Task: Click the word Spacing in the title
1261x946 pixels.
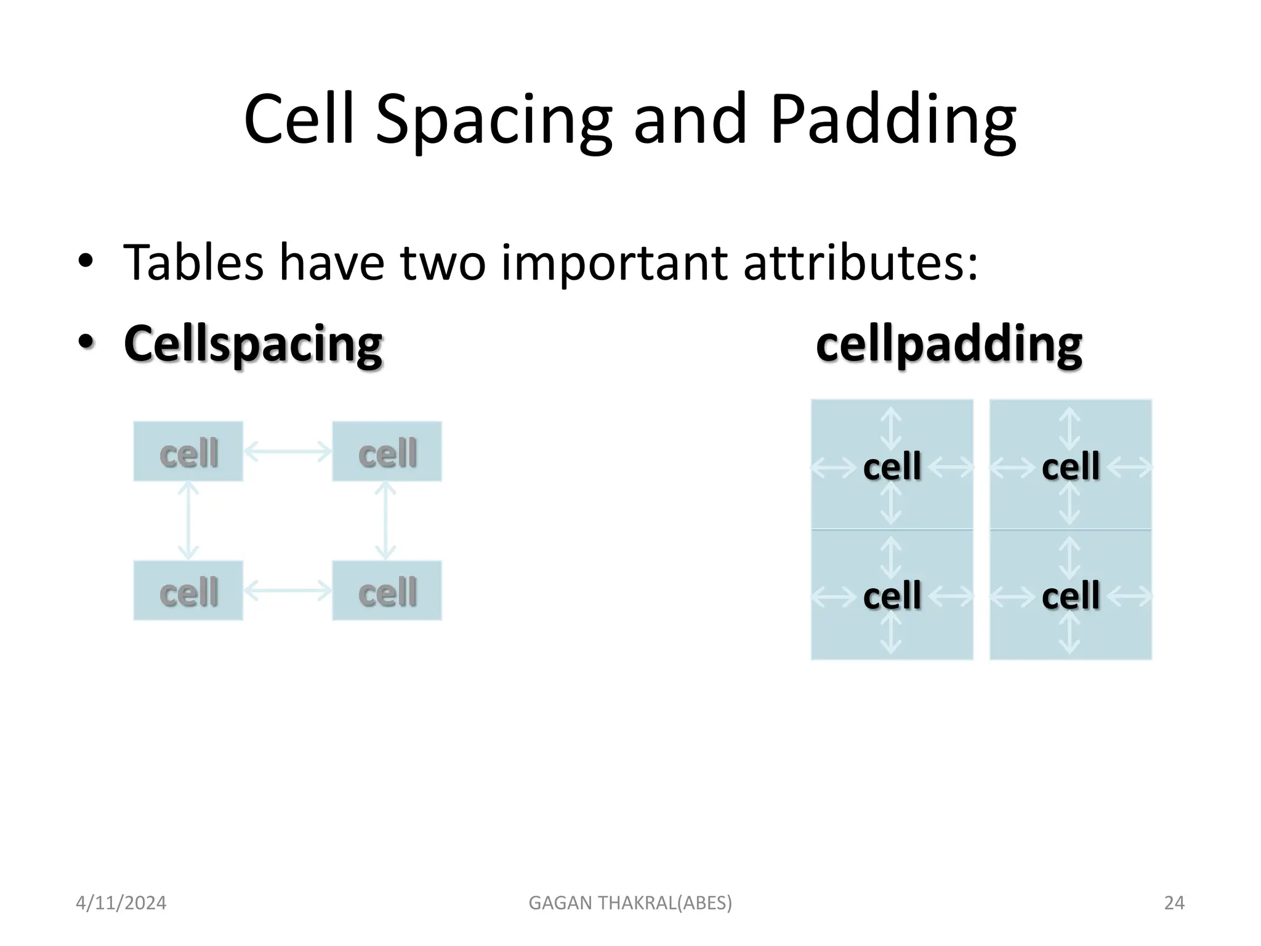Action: [x=493, y=120]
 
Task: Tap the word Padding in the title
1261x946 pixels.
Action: [x=892, y=120]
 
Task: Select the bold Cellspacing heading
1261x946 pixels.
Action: [x=253, y=344]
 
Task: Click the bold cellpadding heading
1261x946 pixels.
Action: [x=949, y=344]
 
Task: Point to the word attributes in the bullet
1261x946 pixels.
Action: [x=860, y=263]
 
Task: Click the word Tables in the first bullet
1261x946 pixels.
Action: [x=193, y=263]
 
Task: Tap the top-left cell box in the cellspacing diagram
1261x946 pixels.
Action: [x=188, y=452]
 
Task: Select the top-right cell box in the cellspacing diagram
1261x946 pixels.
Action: [x=387, y=452]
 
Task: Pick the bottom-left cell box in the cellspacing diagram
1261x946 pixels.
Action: [x=188, y=591]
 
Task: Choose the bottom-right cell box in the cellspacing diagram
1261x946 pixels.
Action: [x=387, y=591]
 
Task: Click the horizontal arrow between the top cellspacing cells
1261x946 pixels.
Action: [x=288, y=452]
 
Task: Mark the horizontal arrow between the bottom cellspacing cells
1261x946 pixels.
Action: [x=288, y=591]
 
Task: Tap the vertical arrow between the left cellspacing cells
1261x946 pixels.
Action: [x=188, y=520]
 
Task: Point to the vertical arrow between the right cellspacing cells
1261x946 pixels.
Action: [x=385, y=520]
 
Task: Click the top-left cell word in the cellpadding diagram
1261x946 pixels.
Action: [x=892, y=467]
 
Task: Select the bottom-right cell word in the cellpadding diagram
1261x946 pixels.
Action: [x=1070, y=596]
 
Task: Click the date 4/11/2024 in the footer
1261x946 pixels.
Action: [x=121, y=903]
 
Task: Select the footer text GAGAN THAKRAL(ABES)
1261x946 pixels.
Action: [x=630, y=903]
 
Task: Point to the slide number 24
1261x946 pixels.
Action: [x=1174, y=903]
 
